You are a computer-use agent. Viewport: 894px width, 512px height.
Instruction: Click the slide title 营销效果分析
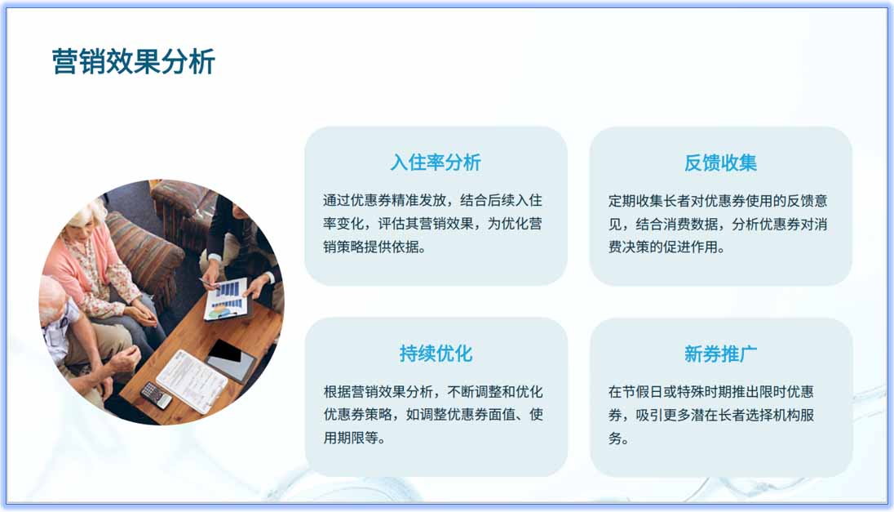(133, 62)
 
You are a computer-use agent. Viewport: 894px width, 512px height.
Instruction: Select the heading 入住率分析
(436, 163)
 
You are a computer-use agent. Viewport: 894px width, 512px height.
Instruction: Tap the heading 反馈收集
(720, 163)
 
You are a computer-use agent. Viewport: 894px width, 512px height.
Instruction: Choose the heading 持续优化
(436, 354)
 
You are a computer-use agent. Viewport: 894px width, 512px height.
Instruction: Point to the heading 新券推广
(720, 354)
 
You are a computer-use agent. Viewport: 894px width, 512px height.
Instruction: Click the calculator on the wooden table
(156, 395)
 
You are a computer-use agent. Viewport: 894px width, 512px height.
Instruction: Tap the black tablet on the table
(230, 359)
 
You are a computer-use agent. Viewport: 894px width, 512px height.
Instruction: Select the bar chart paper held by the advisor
(226, 298)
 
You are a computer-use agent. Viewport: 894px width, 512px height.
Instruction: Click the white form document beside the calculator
(192, 381)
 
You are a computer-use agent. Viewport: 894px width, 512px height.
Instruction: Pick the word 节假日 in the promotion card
(644, 391)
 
